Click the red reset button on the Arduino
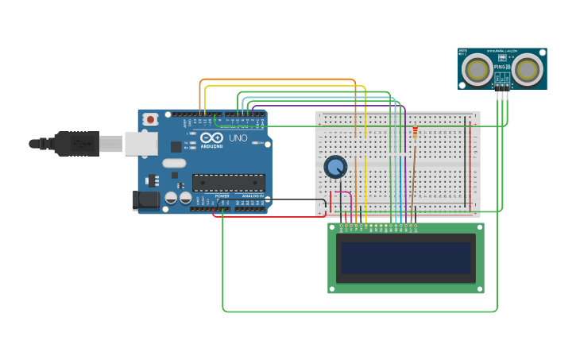(150, 119)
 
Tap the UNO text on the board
(238, 138)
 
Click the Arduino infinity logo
(211, 137)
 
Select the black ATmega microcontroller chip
(229, 183)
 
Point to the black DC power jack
(145, 200)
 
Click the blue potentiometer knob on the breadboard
(335, 167)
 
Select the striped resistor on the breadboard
(415, 133)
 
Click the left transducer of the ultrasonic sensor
(478, 70)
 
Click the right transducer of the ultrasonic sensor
(527, 70)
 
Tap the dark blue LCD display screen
(405, 257)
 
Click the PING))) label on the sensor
(501, 68)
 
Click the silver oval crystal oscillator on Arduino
(174, 163)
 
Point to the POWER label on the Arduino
(222, 196)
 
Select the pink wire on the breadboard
(343, 192)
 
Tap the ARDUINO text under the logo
(211, 146)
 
